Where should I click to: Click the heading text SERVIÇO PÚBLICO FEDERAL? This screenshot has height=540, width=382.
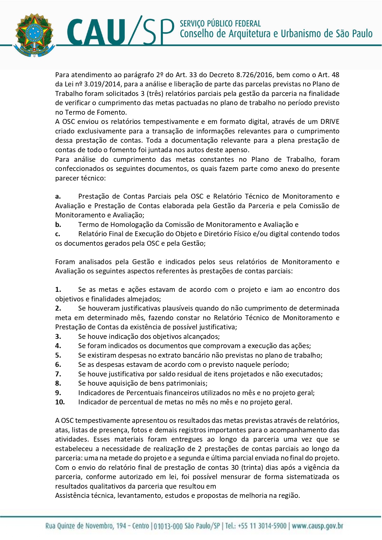[x=220, y=24]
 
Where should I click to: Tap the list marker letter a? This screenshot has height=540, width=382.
[x=58, y=197]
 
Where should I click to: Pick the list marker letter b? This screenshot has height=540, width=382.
[x=58, y=225]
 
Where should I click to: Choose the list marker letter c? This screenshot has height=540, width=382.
[x=58, y=234]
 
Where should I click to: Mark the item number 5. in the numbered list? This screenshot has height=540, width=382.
[x=58, y=355]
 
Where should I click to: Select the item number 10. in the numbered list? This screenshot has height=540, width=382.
[x=60, y=402]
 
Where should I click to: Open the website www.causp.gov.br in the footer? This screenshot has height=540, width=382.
[x=317, y=526]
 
